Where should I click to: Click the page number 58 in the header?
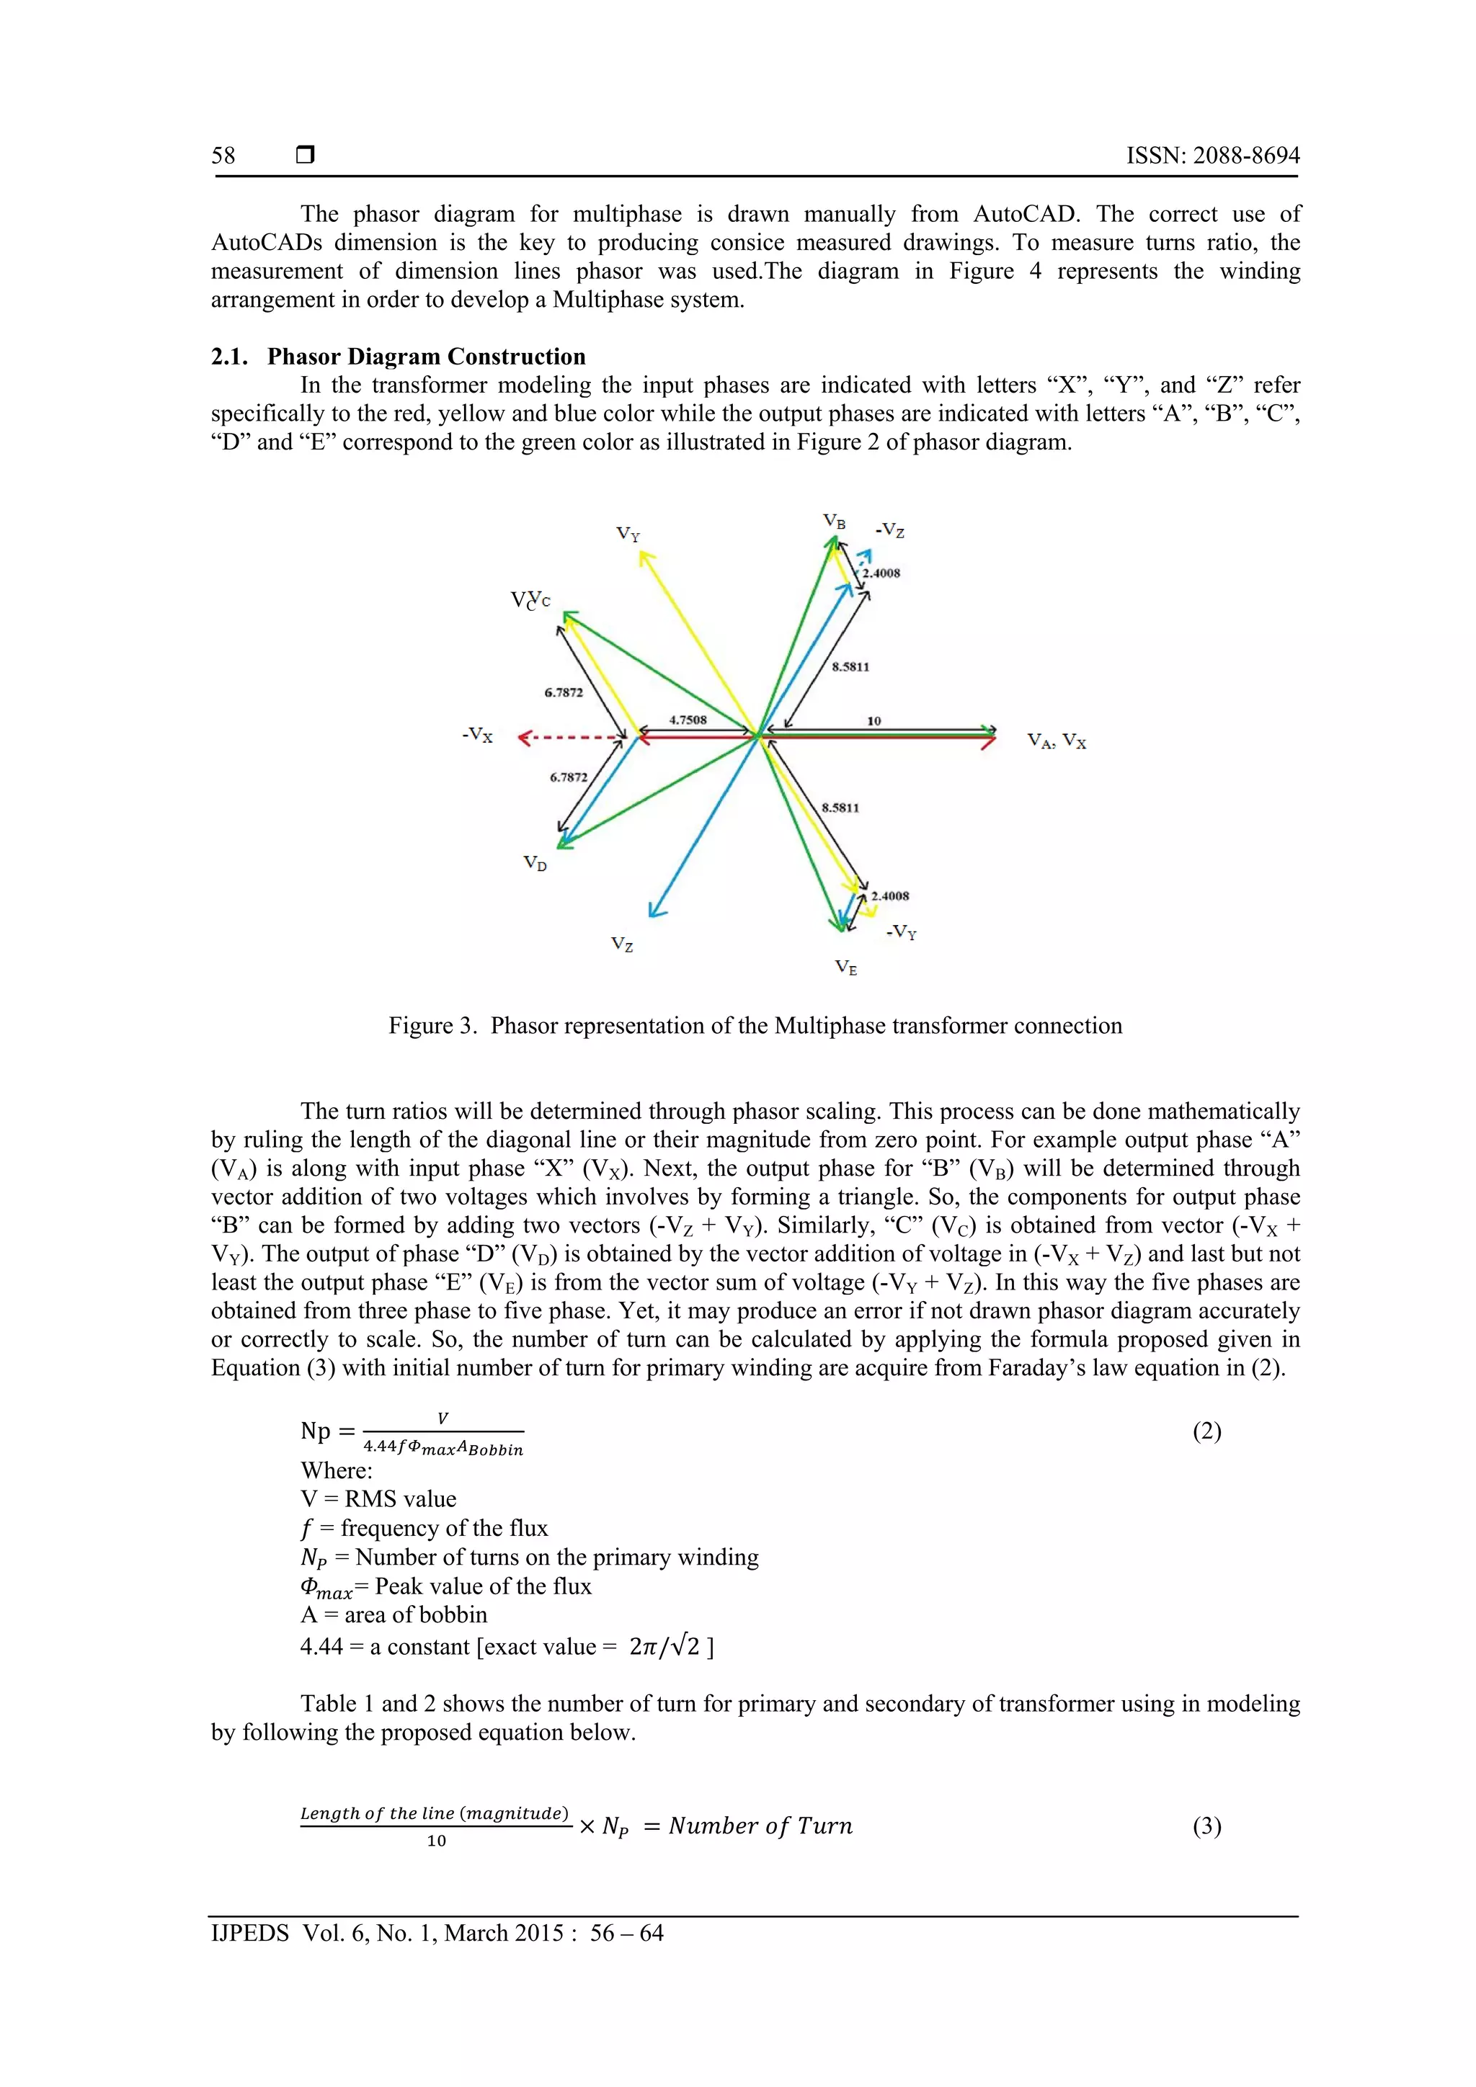click(223, 156)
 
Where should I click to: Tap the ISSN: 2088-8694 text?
click(1212, 156)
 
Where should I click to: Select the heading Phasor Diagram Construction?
click(426, 357)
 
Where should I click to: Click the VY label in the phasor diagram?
click(628, 535)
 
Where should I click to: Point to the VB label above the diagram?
click(834, 522)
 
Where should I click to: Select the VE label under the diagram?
click(846, 967)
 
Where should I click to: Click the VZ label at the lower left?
click(622, 944)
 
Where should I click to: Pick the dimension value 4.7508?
click(688, 720)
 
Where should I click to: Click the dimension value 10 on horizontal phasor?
click(874, 721)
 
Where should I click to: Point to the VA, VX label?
click(1056, 741)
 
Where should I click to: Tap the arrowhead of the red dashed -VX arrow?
click(524, 737)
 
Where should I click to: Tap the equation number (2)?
click(1206, 1431)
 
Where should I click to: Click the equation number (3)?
click(1206, 1826)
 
